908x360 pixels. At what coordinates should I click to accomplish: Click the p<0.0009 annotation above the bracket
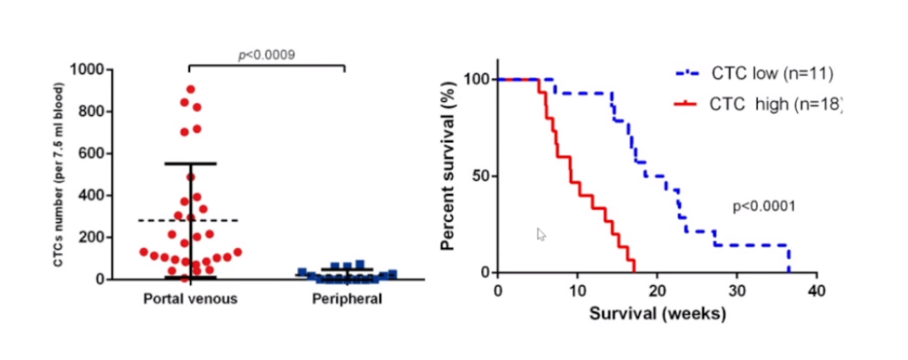point(266,56)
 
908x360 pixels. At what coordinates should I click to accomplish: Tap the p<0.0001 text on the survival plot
point(763,205)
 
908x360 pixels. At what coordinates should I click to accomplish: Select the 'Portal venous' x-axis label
point(191,299)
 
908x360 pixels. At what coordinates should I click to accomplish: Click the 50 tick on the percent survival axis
point(478,176)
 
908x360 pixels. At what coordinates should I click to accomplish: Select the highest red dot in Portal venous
point(191,89)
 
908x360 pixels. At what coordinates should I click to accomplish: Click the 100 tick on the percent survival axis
point(475,79)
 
